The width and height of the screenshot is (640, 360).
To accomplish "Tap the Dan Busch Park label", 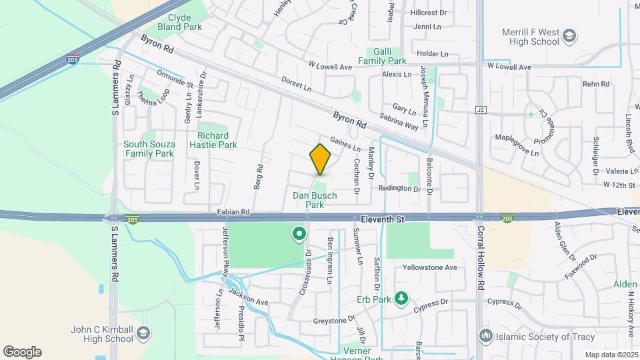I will pos(315,200).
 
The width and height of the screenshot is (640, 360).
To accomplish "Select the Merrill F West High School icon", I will pos(569,35).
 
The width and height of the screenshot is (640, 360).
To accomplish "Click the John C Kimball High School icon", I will pos(143,333).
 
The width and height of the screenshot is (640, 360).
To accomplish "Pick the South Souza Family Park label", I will pos(148,149).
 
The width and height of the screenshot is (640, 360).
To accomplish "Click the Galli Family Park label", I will pos(382,56).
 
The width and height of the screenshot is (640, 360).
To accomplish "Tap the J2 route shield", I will pos(480,109).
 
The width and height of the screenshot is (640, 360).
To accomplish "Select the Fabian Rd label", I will pos(233,211).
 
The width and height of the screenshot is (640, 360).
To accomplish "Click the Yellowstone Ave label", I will pos(430,267).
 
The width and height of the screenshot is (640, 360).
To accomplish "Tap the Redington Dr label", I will pos(399,189).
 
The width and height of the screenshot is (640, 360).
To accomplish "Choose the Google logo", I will pos(22,352).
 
